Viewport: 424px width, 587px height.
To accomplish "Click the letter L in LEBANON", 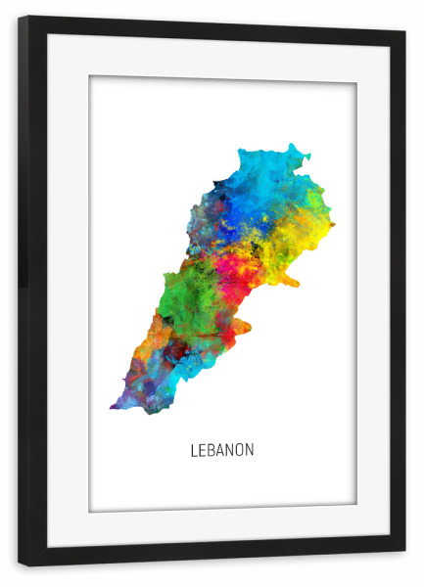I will tap(193, 450).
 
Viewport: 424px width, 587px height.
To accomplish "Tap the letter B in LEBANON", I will tap(211, 450).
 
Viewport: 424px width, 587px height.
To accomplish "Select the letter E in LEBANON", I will tap(201, 450).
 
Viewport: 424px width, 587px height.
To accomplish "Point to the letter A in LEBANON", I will tap(220, 450).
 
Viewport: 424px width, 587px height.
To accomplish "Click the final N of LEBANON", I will tap(250, 450).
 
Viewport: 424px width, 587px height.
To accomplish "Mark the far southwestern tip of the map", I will tap(114, 405).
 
